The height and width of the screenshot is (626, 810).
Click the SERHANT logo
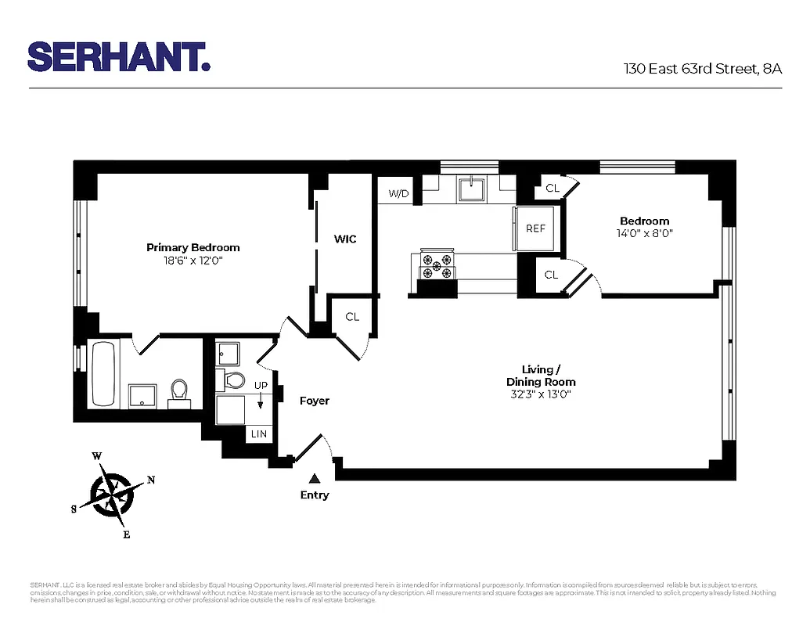[x=119, y=56]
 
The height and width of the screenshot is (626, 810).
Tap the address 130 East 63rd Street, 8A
[x=702, y=69]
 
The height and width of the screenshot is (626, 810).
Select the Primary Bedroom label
[x=193, y=247]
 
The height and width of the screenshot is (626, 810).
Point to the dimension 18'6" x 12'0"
[x=193, y=261]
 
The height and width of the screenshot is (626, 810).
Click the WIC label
[x=345, y=239]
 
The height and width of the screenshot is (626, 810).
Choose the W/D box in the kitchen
[x=399, y=193]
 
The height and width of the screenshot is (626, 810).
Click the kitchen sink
[x=472, y=189]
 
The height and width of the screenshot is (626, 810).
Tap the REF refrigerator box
[x=535, y=228]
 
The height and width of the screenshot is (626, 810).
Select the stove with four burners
[x=438, y=265]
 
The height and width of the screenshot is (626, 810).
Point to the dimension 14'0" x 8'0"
[x=645, y=233]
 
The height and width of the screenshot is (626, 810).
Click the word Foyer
[x=315, y=401]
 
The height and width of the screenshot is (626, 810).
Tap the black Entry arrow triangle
[x=315, y=478]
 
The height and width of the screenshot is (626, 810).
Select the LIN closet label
[x=258, y=434]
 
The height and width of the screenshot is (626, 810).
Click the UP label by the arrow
[x=261, y=385]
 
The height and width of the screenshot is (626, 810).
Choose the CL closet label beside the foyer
[x=352, y=317]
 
